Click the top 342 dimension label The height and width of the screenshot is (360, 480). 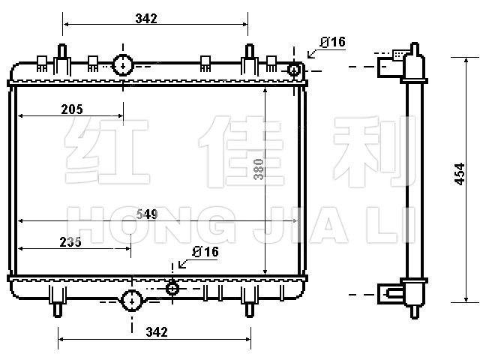[x=146, y=19]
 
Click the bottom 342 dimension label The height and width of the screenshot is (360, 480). [x=157, y=331]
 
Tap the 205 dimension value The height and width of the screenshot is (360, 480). [x=72, y=109]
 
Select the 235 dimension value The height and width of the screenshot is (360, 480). [x=70, y=242]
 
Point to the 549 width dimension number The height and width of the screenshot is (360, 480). [x=147, y=214]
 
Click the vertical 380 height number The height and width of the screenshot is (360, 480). [x=259, y=169]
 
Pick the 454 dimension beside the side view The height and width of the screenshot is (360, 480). [x=460, y=174]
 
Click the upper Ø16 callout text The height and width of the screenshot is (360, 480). [x=333, y=42]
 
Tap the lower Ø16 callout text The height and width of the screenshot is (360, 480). [x=205, y=252]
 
